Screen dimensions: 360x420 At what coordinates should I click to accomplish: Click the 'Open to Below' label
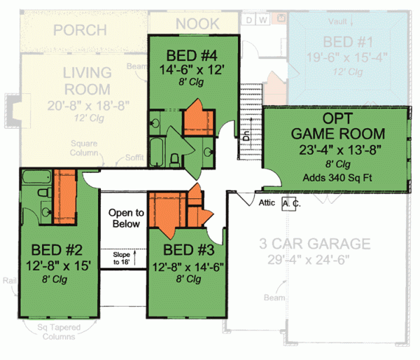[126, 218]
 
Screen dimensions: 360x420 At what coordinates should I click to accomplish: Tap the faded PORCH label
[80, 30]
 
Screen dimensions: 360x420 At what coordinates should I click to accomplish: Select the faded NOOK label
[197, 24]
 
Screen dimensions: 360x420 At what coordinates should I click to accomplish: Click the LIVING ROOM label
[87, 81]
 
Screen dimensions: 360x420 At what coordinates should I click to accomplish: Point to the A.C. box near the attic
[289, 204]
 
